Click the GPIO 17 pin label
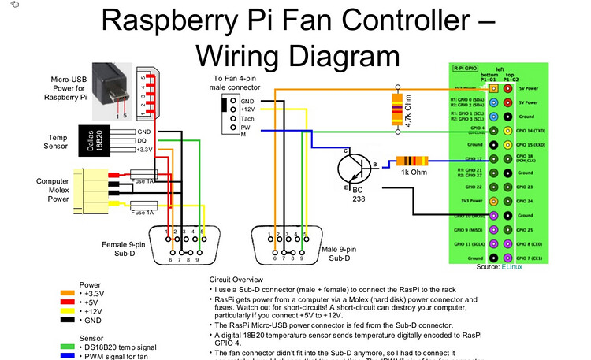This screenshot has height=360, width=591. click(x=474, y=159)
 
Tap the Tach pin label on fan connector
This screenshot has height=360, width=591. click(x=247, y=118)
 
